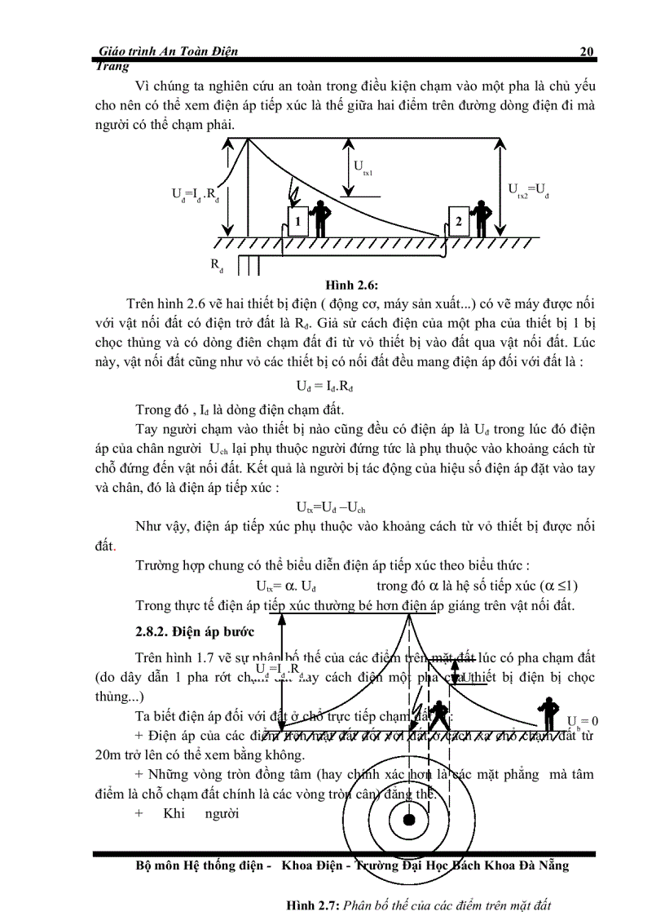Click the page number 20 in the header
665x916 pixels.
click(x=586, y=51)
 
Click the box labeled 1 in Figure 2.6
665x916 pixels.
click(x=298, y=221)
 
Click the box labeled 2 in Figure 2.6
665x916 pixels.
click(x=460, y=220)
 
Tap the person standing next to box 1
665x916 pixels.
click(x=322, y=217)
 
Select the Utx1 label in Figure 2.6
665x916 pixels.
click(x=363, y=167)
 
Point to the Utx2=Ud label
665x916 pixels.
click(x=529, y=192)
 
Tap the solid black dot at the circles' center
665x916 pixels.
click(x=409, y=819)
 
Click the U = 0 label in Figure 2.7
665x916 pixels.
click(x=583, y=721)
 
